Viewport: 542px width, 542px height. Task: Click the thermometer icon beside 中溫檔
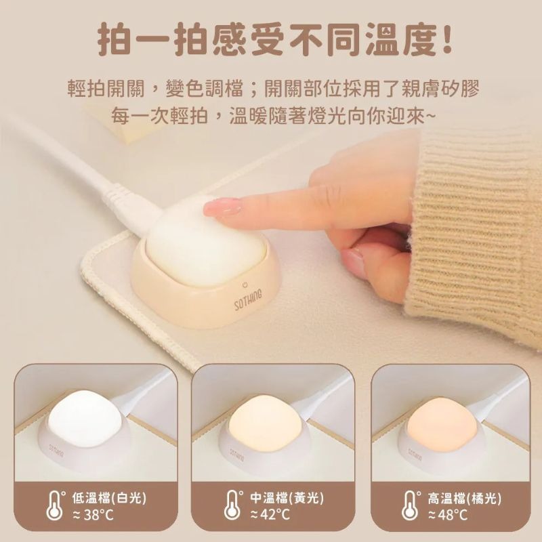coord(233,505)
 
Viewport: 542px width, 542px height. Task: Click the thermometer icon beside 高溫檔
coord(411,505)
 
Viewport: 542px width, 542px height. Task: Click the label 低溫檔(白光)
coord(108,499)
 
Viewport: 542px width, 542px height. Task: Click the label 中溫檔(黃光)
coord(287,499)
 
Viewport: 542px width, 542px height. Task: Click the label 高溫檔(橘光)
coord(464,499)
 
